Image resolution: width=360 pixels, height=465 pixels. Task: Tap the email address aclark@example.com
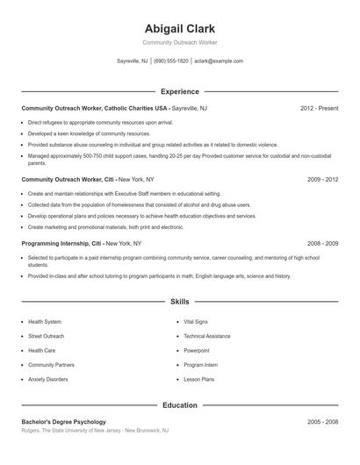coord(219,61)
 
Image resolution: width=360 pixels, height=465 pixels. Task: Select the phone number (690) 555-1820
coord(171,61)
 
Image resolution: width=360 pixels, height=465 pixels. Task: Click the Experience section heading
coord(179,91)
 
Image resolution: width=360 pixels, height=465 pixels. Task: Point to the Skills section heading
coord(179,301)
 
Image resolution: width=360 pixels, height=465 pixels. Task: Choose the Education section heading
coord(179,405)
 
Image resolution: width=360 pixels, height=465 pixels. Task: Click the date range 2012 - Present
coord(319,108)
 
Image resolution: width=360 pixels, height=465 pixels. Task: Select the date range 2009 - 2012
coord(323,179)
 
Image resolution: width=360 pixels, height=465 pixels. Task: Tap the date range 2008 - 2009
coord(323,242)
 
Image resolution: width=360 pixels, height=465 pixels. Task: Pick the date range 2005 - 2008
coord(323,422)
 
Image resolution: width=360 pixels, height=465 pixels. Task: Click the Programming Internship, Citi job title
coord(61,242)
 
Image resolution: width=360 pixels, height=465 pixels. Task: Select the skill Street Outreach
coord(47,336)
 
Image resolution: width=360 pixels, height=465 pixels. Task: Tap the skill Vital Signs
coord(196,322)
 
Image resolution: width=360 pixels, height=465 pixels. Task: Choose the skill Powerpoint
coord(197,350)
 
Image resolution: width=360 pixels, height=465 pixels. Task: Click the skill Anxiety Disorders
coord(48,379)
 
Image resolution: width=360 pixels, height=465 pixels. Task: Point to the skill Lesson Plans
coord(198,379)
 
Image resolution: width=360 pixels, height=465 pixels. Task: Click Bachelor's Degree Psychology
coord(63,422)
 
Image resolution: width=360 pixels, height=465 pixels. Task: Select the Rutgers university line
coord(95,431)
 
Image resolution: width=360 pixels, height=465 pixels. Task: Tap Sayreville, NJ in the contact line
coord(133,61)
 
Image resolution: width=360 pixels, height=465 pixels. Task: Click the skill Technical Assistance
coord(207,336)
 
